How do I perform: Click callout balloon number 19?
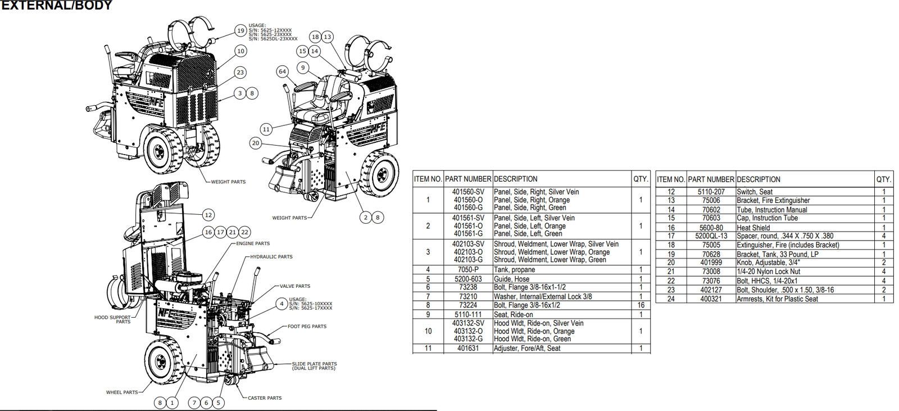(240, 31)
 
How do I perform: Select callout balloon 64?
(282, 71)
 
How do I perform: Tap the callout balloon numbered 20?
(256, 143)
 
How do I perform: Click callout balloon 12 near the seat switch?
(208, 215)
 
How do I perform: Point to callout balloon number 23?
(240, 73)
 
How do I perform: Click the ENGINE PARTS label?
(253, 243)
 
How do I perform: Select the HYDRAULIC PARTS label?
(271, 257)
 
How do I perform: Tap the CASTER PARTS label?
(265, 398)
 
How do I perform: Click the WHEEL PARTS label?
(122, 392)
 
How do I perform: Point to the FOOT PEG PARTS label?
(307, 327)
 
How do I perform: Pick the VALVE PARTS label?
(295, 286)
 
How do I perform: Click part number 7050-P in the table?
(468, 270)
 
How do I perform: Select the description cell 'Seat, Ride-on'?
(514, 315)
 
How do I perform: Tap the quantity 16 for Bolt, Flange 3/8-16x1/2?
(641, 305)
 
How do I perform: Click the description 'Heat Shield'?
(753, 228)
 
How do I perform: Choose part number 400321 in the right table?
(711, 299)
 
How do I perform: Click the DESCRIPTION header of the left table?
(516, 179)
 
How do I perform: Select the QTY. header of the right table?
(883, 179)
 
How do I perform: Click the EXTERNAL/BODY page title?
(56, 6)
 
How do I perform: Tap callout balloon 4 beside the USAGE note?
(282, 304)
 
